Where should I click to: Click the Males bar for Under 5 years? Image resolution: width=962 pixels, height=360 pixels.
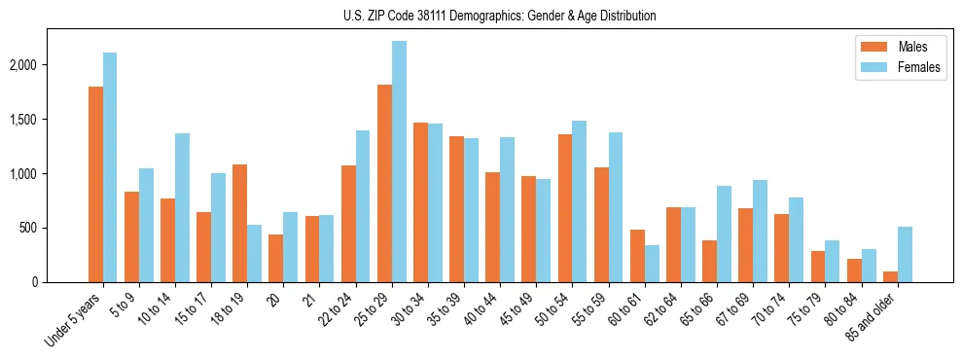[95, 185]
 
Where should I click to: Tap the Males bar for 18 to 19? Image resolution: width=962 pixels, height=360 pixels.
[239, 224]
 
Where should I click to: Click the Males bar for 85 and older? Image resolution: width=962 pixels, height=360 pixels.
[890, 277]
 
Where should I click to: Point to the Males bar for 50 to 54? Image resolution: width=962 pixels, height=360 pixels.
[565, 208]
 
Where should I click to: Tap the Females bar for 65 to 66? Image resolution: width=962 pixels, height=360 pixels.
[724, 234]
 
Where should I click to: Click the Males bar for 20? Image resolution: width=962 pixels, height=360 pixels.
[276, 259]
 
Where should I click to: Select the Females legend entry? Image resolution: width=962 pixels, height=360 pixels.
[895, 68]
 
